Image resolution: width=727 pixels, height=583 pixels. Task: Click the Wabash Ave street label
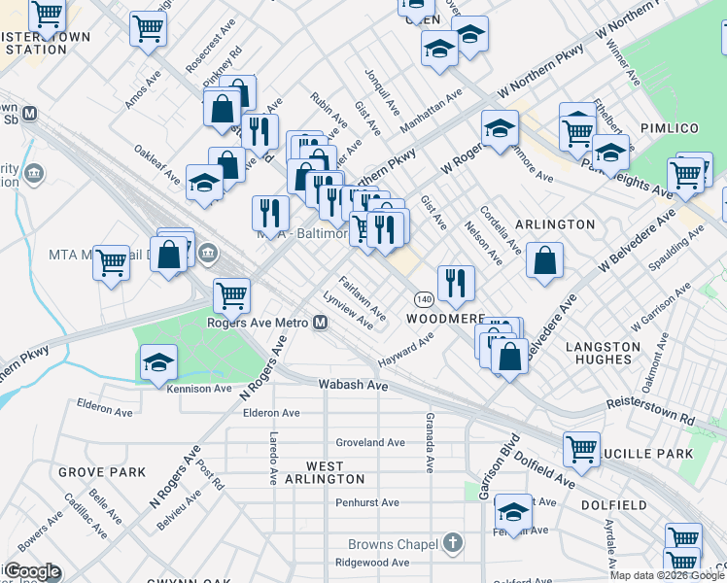[x=354, y=386]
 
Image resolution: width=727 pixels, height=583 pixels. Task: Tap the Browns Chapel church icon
[x=452, y=541]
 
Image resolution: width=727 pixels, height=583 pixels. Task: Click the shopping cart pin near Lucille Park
[x=581, y=449]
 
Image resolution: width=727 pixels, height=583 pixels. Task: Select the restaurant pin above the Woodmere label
[x=456, y=283]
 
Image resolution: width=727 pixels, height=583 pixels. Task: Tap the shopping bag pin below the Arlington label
[x=545, y=259]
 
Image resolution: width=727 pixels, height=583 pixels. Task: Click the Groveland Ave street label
[x=369, y=442]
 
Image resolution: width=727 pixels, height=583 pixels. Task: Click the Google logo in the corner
[x=31, y=571]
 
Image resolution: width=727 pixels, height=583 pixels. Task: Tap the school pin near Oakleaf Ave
[x=205, y=183]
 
